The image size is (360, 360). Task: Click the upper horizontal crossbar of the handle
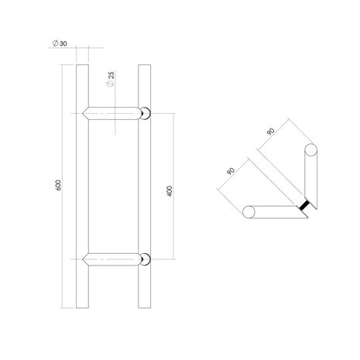[x=116, y=114]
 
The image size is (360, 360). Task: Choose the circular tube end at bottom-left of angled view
[x=249, y=211]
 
